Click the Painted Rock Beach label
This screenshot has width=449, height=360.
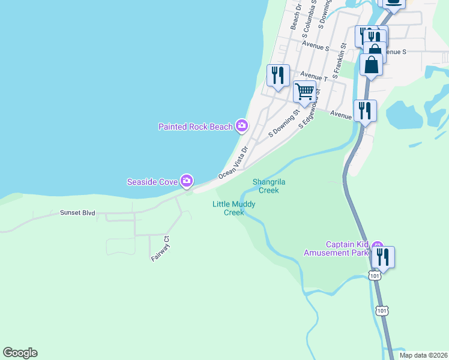click(x=196, y=127)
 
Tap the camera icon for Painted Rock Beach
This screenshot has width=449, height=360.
click(x=242, y=125)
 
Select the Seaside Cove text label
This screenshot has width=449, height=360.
click(x=152, y=181)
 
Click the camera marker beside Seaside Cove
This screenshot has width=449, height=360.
click(x=187, y=180)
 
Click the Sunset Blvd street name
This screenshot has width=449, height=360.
click(x=77, y=213)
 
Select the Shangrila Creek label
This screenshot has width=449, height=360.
click(x=266, y=186)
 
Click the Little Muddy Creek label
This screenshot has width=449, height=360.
click(x=234, y=208)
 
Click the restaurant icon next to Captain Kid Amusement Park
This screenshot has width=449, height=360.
click(x=382, y=257)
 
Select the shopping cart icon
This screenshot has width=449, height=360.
click(x=305, y=92)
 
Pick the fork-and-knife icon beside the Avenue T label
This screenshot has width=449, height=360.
click(x=278, y=75)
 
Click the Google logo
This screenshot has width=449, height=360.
click(x=20, y=353)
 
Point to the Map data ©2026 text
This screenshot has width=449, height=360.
click(x=423, y=355)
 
